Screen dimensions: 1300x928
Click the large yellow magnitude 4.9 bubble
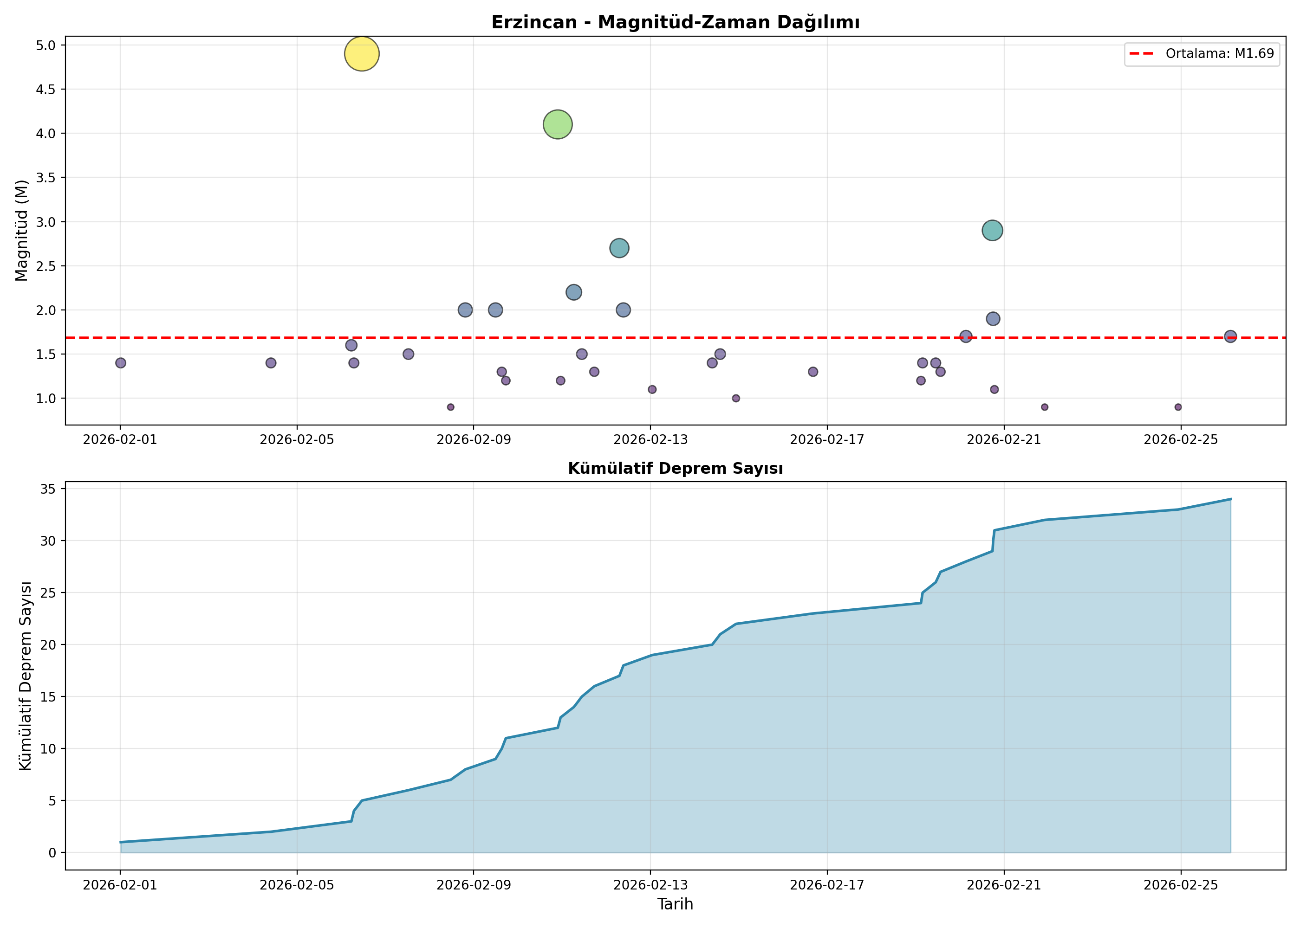[361, 54]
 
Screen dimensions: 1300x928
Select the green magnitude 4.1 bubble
[558, 124]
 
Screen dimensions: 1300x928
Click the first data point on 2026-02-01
[121, 363]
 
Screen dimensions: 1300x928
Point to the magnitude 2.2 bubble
[573, 292]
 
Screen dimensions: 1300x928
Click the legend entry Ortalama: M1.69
[1202, 54]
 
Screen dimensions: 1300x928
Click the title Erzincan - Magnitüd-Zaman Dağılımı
[675, 22]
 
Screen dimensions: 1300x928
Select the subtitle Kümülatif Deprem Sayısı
[675, 469]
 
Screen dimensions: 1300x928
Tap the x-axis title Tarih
[675, 904]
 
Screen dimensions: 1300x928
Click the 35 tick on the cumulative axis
[49, 489]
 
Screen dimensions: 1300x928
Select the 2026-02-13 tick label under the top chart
[650, 439]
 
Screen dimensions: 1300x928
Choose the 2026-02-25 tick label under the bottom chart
[1181, 885]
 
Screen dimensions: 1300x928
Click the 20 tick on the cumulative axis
[49, 644]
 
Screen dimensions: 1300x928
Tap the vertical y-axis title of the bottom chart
[26, 676]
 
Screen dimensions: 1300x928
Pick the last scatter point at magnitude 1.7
[1230, 336]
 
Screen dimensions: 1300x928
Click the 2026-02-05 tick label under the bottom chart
[297, 885]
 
